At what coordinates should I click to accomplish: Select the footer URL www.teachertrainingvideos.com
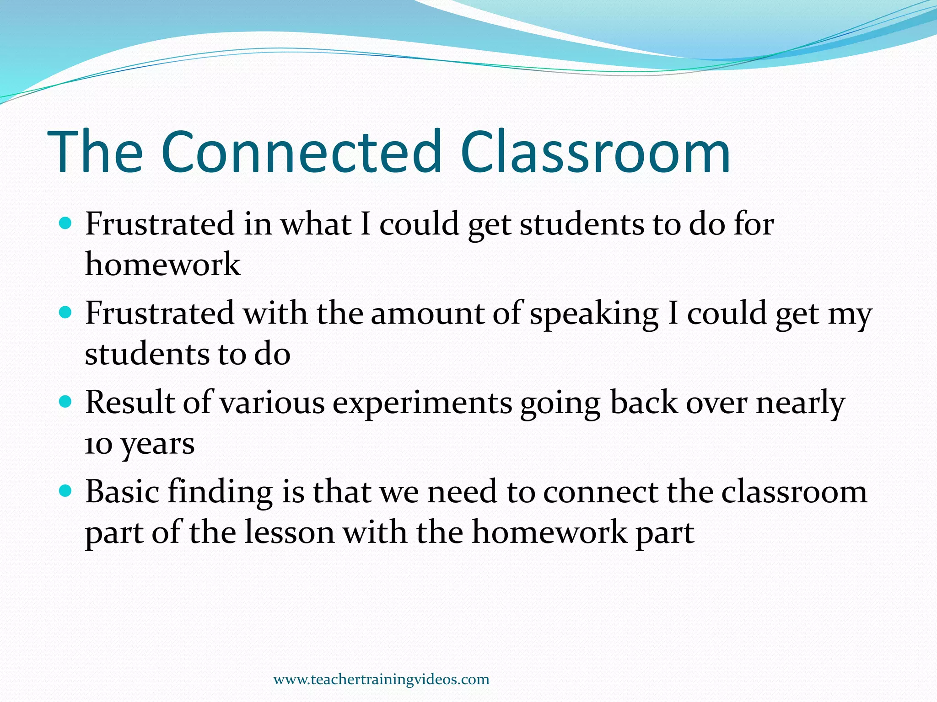(381, 679)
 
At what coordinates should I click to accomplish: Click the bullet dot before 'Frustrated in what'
(66, 223)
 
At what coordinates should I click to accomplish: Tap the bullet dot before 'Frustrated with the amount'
(66, 313)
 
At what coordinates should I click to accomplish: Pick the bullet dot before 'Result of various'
(66, 402)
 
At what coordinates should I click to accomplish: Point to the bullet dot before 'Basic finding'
(66, 491)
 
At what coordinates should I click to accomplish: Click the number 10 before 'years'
(98, 444)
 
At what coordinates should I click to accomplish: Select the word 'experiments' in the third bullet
(422, 403)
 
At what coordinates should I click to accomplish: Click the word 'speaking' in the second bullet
(594, 314)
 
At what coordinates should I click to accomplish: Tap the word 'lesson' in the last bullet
(290, 532)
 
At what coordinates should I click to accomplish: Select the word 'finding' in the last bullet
(220, 492)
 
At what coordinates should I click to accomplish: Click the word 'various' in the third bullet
(272, 403)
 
